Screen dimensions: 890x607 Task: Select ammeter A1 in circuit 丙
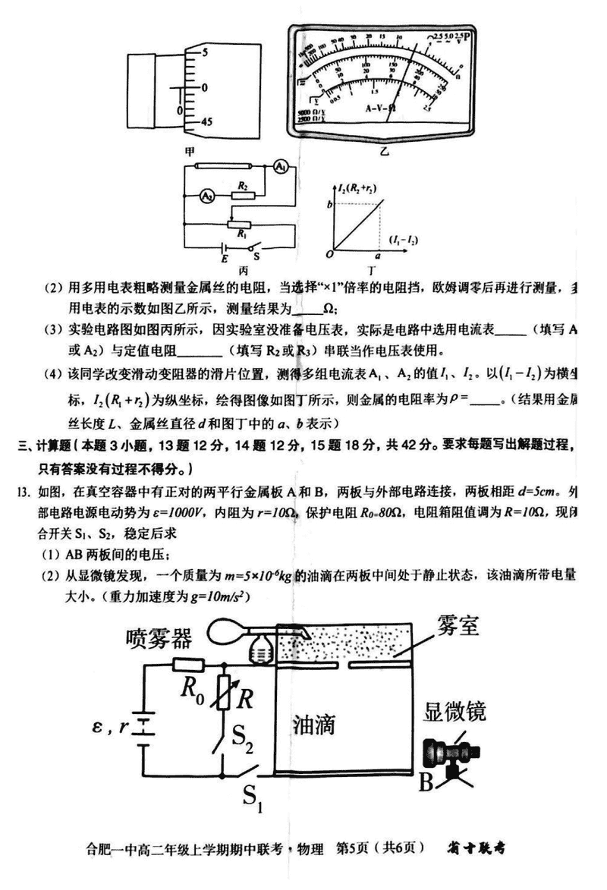coord(280,166)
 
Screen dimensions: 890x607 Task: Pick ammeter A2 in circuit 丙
coord(205,196)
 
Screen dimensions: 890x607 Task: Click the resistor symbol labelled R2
coord(243,195)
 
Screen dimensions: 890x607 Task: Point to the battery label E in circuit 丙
coord(225,259)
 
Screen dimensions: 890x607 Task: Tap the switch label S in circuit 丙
coord(259,259)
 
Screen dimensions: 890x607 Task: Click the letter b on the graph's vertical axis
coord(329,203)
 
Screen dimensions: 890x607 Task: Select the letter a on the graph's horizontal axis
coord(377,258)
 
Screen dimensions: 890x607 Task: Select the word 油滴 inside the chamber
coord(313,725)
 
